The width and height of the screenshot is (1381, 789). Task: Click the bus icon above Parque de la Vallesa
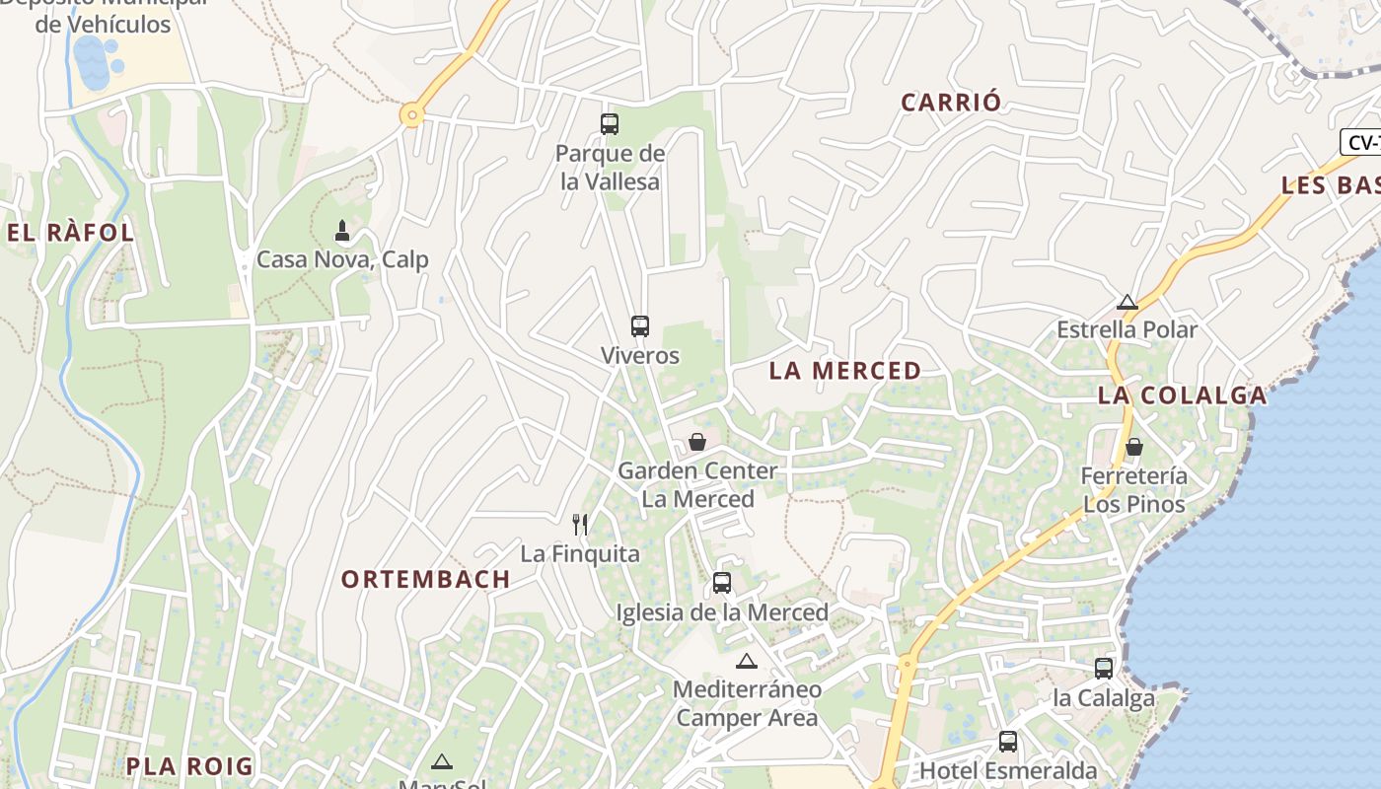610,124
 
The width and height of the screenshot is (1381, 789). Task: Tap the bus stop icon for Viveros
640,326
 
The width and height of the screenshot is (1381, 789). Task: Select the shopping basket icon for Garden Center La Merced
697,442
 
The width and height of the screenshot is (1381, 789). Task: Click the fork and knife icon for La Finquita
580,525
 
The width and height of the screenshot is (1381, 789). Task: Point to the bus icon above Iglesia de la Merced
722,583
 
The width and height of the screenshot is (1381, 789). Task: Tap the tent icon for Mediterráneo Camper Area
747,661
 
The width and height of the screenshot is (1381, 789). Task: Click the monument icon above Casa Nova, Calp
342,231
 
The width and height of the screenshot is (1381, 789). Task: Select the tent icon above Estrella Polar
1127,302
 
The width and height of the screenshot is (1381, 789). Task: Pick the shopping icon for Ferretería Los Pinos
1134,447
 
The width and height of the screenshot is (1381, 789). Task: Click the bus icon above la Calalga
1104,669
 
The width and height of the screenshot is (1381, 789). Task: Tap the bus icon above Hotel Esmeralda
1008,742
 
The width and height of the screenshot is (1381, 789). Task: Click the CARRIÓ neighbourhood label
951,102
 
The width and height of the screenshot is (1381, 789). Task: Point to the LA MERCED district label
845,371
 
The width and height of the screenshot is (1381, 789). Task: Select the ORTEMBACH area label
426,579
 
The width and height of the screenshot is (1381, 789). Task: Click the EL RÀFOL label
70,233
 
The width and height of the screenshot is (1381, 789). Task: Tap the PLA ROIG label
189,766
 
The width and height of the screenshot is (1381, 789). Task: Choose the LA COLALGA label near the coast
1182,395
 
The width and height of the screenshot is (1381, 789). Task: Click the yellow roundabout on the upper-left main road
412,115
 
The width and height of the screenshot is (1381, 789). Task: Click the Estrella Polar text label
1127,329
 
